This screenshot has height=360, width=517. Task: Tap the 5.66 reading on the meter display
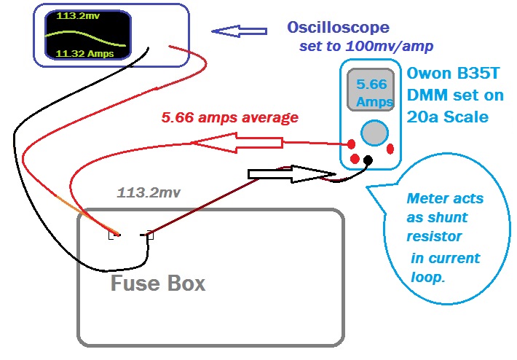tap(371, 84)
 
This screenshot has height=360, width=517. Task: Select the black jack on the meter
tap(368, 160)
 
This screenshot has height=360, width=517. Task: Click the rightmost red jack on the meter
tap(390, 149)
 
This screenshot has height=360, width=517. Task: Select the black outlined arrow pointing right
tap(291, 173)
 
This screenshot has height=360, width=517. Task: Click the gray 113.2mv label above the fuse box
tap(149, 193)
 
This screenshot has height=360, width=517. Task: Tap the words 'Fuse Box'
tap(157, 283)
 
